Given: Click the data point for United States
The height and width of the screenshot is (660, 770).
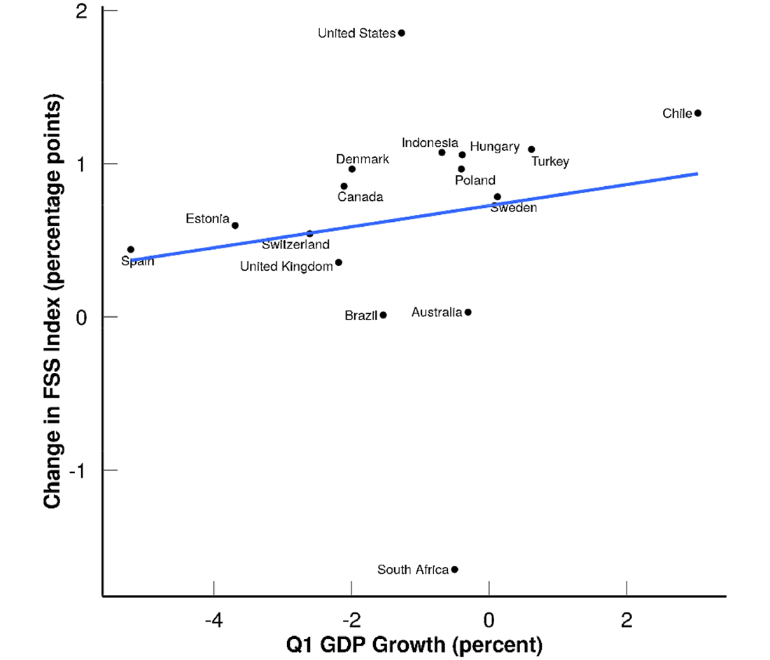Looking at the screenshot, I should (401, 33).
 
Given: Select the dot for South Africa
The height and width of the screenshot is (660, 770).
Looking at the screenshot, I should (455, 570).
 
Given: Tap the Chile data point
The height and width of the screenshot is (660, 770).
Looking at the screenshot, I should (698, 113).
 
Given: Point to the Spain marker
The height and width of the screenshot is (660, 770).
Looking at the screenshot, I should (131, 250).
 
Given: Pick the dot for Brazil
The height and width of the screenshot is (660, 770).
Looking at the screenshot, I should (384, 316).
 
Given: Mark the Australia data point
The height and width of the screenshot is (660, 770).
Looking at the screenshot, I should (468, 312).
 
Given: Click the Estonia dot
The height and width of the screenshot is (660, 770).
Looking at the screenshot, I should (235, 225).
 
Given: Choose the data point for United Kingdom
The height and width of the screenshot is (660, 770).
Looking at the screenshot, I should (339, 262).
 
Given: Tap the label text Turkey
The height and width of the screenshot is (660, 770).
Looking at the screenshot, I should (550, 162).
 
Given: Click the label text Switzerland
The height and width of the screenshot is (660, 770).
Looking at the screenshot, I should (295, 245).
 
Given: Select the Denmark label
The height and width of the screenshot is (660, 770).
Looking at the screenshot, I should (363, 160).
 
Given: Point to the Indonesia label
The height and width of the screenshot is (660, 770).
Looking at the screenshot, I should (430, 143).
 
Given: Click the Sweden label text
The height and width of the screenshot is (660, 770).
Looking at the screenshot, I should (514, 208).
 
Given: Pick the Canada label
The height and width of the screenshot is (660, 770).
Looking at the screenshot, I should (360, 197).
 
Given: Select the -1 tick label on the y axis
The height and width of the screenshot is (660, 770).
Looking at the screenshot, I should (83, 470).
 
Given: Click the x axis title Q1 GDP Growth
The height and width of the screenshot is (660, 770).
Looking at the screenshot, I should (414, 644).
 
